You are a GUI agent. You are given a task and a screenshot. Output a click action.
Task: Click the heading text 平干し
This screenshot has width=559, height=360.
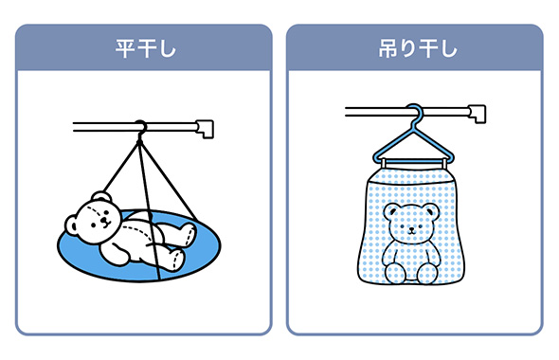pos(146,48)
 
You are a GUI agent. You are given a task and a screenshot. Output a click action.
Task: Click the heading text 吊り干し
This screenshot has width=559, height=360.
pos(418,48)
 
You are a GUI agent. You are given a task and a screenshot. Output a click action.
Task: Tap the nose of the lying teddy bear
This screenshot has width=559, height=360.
pos(104,220)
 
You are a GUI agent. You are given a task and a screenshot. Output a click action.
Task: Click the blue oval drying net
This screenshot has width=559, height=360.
pos(139,246)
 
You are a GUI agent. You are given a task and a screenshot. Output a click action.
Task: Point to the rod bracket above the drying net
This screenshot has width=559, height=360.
pos(205,129)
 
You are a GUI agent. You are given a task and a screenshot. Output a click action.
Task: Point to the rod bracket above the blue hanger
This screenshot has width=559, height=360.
pos(478,114)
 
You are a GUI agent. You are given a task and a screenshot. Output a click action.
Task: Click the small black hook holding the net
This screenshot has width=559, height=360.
pos(140,129)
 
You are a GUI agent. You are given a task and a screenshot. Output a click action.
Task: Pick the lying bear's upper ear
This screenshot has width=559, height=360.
pos(100,197)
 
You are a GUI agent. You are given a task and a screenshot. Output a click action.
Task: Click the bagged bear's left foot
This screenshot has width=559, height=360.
pos(395,273)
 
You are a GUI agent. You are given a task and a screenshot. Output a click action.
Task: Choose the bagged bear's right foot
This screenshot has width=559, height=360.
pos(428,273)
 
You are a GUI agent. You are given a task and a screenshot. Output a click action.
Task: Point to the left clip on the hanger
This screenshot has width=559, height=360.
pos(384,163)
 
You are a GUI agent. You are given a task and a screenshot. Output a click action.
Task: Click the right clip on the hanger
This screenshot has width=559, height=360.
pos(443,163)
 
